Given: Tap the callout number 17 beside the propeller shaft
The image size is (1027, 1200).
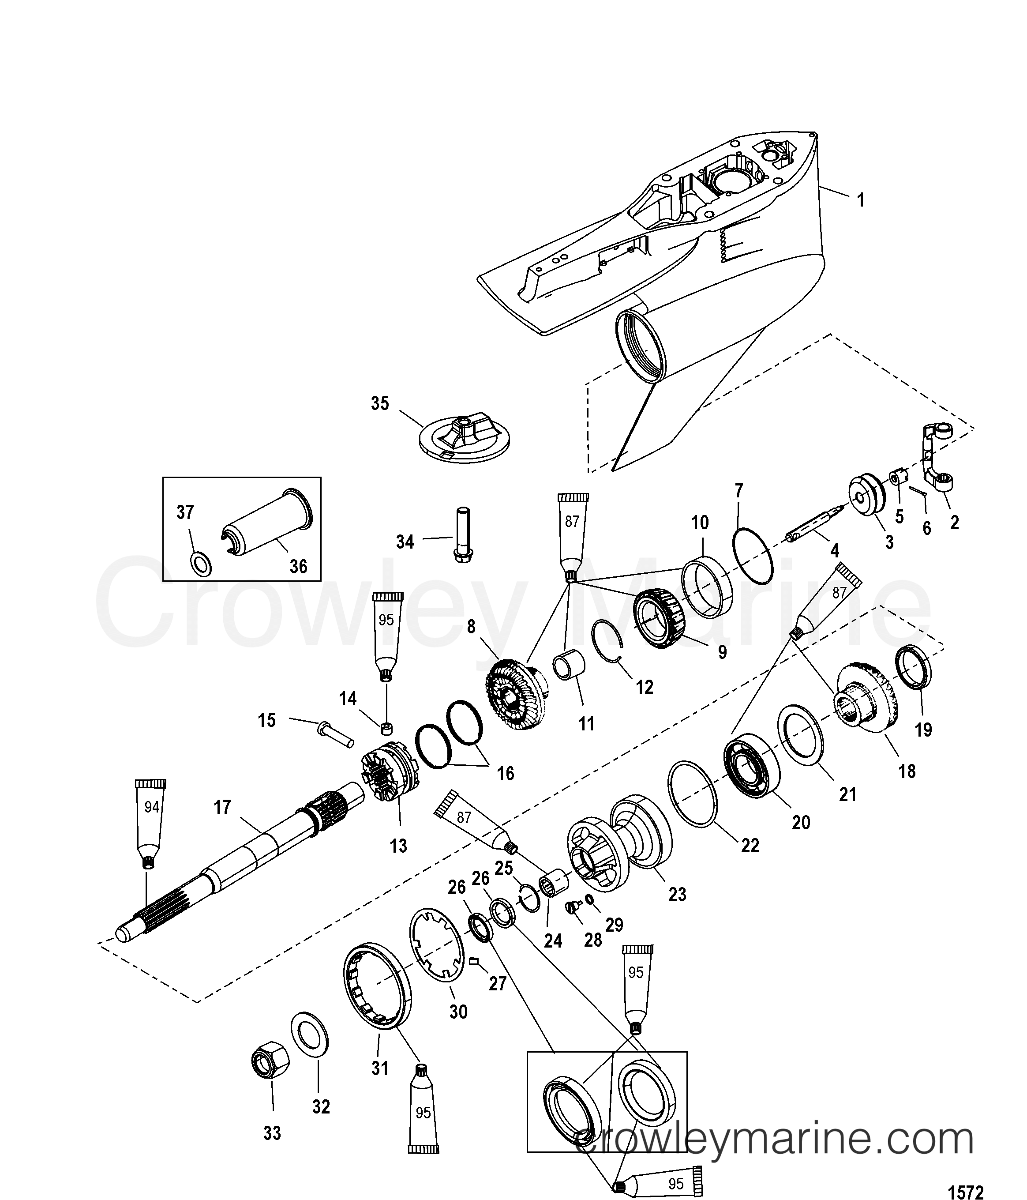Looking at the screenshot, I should click(x=222, y=807).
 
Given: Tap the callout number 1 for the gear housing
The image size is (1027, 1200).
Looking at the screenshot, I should click(x=861, y=200).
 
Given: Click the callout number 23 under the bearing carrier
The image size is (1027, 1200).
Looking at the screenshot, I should click(x=677, y=895).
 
